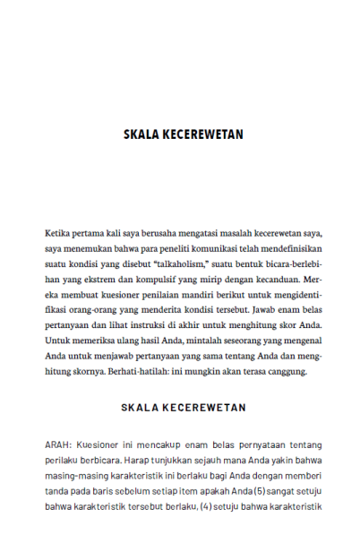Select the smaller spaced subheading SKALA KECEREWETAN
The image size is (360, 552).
tap(183, 407)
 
